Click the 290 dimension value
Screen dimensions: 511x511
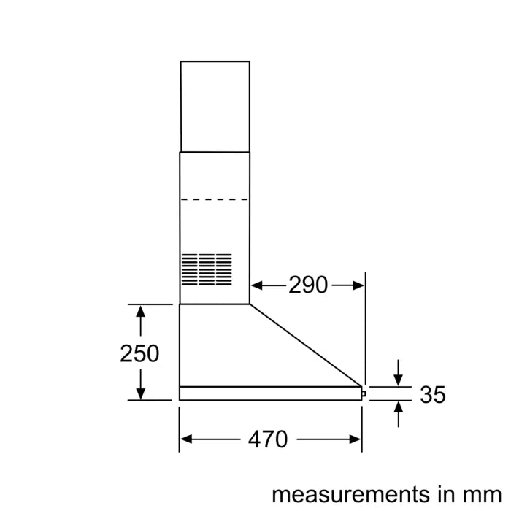(308, 285)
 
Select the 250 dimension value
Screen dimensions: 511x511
(139, 353)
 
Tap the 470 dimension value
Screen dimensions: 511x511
(268, 439)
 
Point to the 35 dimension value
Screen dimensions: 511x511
(433, 395)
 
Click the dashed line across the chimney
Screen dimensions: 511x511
(215, 199)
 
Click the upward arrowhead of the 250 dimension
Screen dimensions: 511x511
(139, 310)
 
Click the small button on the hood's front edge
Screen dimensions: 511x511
(364, 393)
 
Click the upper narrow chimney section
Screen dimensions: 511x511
(215, 106)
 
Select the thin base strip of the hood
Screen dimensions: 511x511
(270, 393)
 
